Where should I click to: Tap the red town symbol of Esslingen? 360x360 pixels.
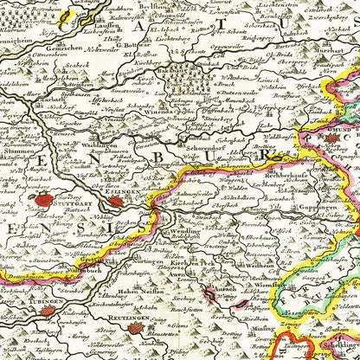116,202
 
